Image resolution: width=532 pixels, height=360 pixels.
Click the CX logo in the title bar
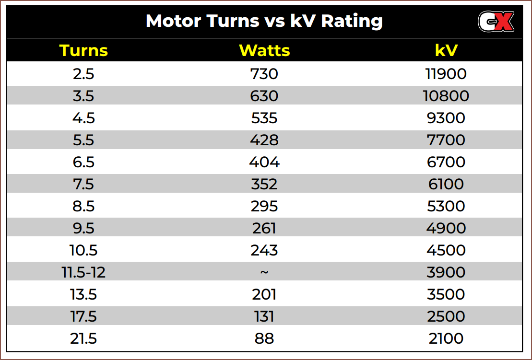pos(496,22)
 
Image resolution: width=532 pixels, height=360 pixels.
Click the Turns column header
pos(83,50)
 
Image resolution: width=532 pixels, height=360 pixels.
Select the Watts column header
pos(264,50)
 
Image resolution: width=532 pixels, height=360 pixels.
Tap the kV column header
pos(446,50)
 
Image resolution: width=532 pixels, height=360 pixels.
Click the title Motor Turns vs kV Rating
pos(264,21)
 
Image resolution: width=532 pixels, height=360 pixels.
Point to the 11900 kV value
pos(446,74)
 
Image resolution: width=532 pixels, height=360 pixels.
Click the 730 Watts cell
pos(264,74)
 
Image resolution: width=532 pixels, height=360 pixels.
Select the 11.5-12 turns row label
pos(83,272)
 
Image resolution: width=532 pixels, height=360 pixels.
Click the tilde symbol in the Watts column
pos(264,272)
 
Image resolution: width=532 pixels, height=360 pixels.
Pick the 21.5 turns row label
pos(83,338)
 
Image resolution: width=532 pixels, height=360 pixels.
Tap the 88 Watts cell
pos(264,338)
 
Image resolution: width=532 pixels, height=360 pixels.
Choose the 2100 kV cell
pos(446,338)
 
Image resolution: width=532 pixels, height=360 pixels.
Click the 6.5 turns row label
pos(83,162)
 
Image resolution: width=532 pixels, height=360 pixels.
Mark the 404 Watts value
pos(264,162)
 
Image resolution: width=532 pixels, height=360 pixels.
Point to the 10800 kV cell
pos(446,96)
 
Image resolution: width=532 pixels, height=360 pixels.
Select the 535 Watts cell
pos(264,118)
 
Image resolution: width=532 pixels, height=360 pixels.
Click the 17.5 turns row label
pos(83,316)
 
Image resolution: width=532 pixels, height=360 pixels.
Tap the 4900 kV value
pos(446,228)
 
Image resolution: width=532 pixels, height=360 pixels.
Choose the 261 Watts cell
pos(264,228)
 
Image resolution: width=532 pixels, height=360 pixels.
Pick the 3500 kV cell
pos(446,294)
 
